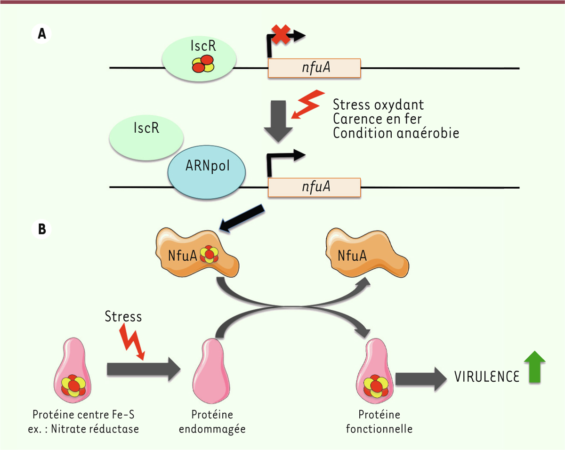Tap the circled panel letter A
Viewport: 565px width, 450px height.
click(42, 34)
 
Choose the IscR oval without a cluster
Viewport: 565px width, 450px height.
click(146, 134)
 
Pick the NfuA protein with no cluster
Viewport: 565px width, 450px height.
click(365, 255)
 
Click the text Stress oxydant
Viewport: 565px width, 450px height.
click(378, 104)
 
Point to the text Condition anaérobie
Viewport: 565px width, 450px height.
click(395, 133)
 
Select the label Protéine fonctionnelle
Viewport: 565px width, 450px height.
click(379, 422)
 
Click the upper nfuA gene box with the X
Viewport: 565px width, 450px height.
click(314, 68)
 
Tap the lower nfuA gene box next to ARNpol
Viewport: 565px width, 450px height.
click(314, 187)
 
